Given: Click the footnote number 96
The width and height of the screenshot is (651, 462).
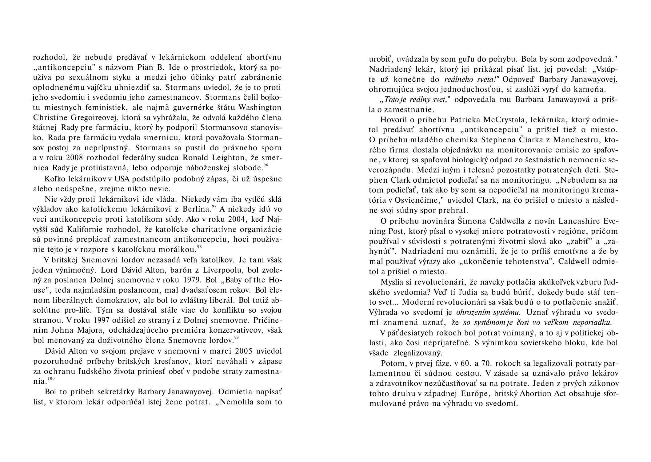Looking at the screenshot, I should [266, 165].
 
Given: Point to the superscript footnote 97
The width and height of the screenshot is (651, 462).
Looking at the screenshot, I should [214, 206].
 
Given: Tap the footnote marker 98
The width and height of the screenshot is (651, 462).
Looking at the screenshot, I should [199, 247].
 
